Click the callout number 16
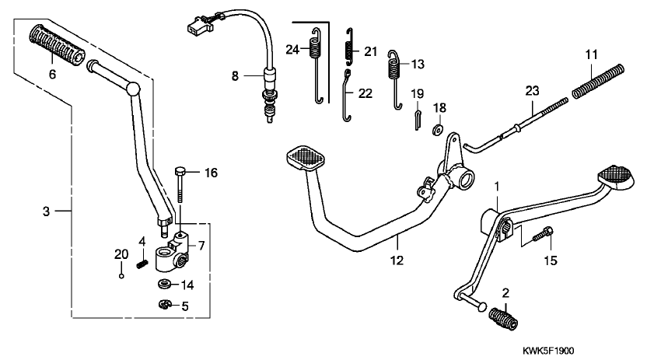tap(211, 173)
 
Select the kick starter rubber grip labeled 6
tap(57, 45)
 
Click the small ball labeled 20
tap(121, 276)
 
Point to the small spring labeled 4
tap(142, 263)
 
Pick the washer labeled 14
tap(166, 284)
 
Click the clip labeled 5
tap(165, 305)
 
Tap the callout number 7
tap(201, 246)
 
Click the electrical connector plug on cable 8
tap(200, 24)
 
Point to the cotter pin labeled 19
tap(418, 121)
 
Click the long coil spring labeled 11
tap(598, 82)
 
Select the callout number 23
tap(532, 91)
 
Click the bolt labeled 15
tap(543, 234)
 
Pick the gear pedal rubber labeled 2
tap(503, 319)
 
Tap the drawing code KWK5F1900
tap(548, 351)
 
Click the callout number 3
tap(46, 211)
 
